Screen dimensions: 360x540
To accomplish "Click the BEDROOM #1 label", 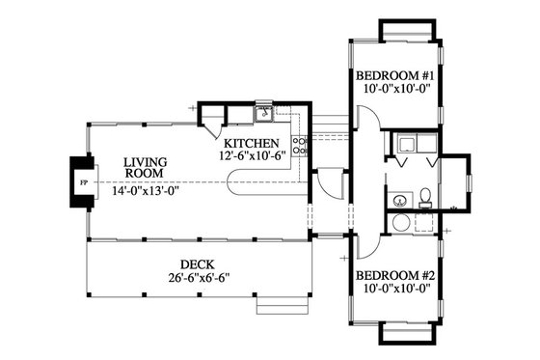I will tap(395, 75).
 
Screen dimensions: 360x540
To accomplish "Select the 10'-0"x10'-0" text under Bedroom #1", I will tap(395, 90).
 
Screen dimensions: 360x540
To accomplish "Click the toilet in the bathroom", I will tap(425, 199).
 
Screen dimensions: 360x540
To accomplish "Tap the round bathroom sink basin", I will tap(399, 202).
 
